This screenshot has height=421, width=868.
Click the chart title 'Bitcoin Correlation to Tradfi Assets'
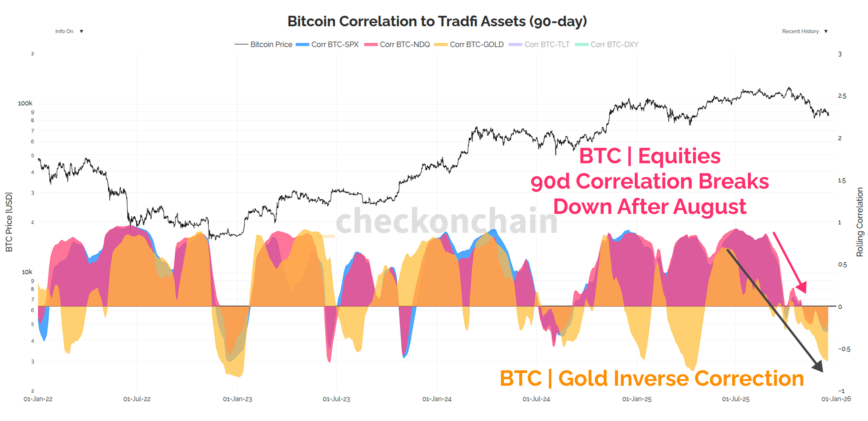[x=437, y=21]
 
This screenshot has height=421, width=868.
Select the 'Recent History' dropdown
[x=804, y=31]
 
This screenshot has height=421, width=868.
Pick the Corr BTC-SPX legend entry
[x=327, y=45]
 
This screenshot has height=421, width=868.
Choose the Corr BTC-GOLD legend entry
[x=469, y=45]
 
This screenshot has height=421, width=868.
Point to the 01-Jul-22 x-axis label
[x=137, y=399]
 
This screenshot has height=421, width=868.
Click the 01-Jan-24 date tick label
[x=437, y=399]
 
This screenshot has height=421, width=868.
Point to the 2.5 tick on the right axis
[x=842, y=96]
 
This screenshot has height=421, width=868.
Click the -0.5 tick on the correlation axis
[x=844, y=349]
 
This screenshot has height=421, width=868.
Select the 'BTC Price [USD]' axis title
[x=9, y=222]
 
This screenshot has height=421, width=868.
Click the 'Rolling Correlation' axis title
[x=860, y=222]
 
